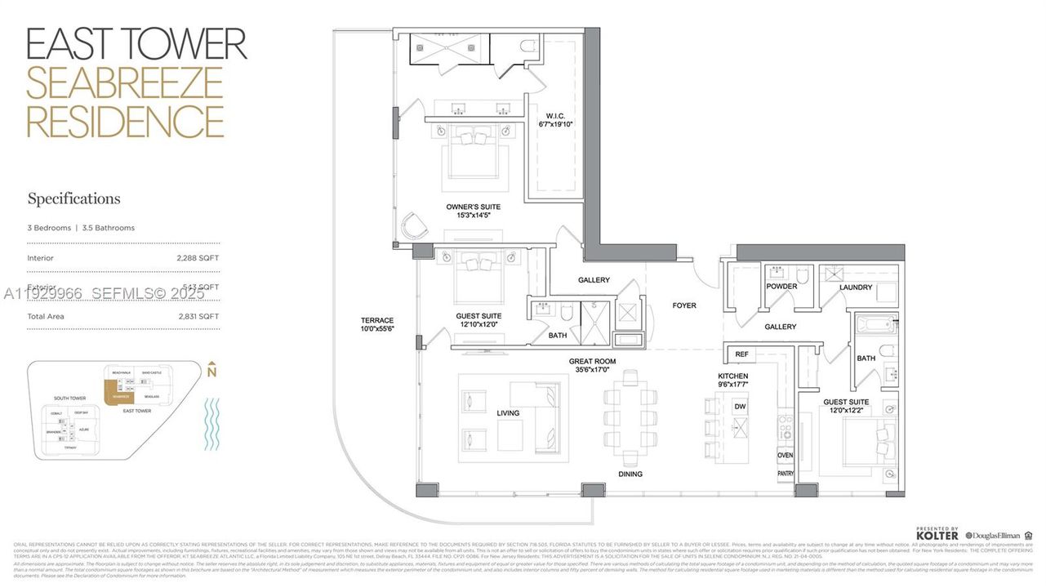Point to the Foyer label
pyautogui.click(x=684, y=305)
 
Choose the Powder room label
pyautogui.click(x=781, y=287)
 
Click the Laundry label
pyautogui.click(x=856, y=287)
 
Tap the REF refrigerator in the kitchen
pyautogui.click(x=741, y=354)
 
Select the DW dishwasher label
pyautogui.click(x=741, y=406)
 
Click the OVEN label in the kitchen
pyautogui.click(x=785, y=455)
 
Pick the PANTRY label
pyautogui.click(x=785, y=473)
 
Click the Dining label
pyautogui.click(x=630, y=474)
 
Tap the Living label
pyautogui.click(x=508, y=413)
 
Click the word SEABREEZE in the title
pyautogui.click(x=125, y=82)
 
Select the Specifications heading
pyautogui.click(x=73, y=198)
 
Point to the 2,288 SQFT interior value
pyautogui.click(x=198, y=258)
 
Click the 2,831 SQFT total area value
pyautogui.click(x=198, y=316)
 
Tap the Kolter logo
pyautogui.click(x=937, y=536)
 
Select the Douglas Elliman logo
pyautogui.click(x=992, y=536)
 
